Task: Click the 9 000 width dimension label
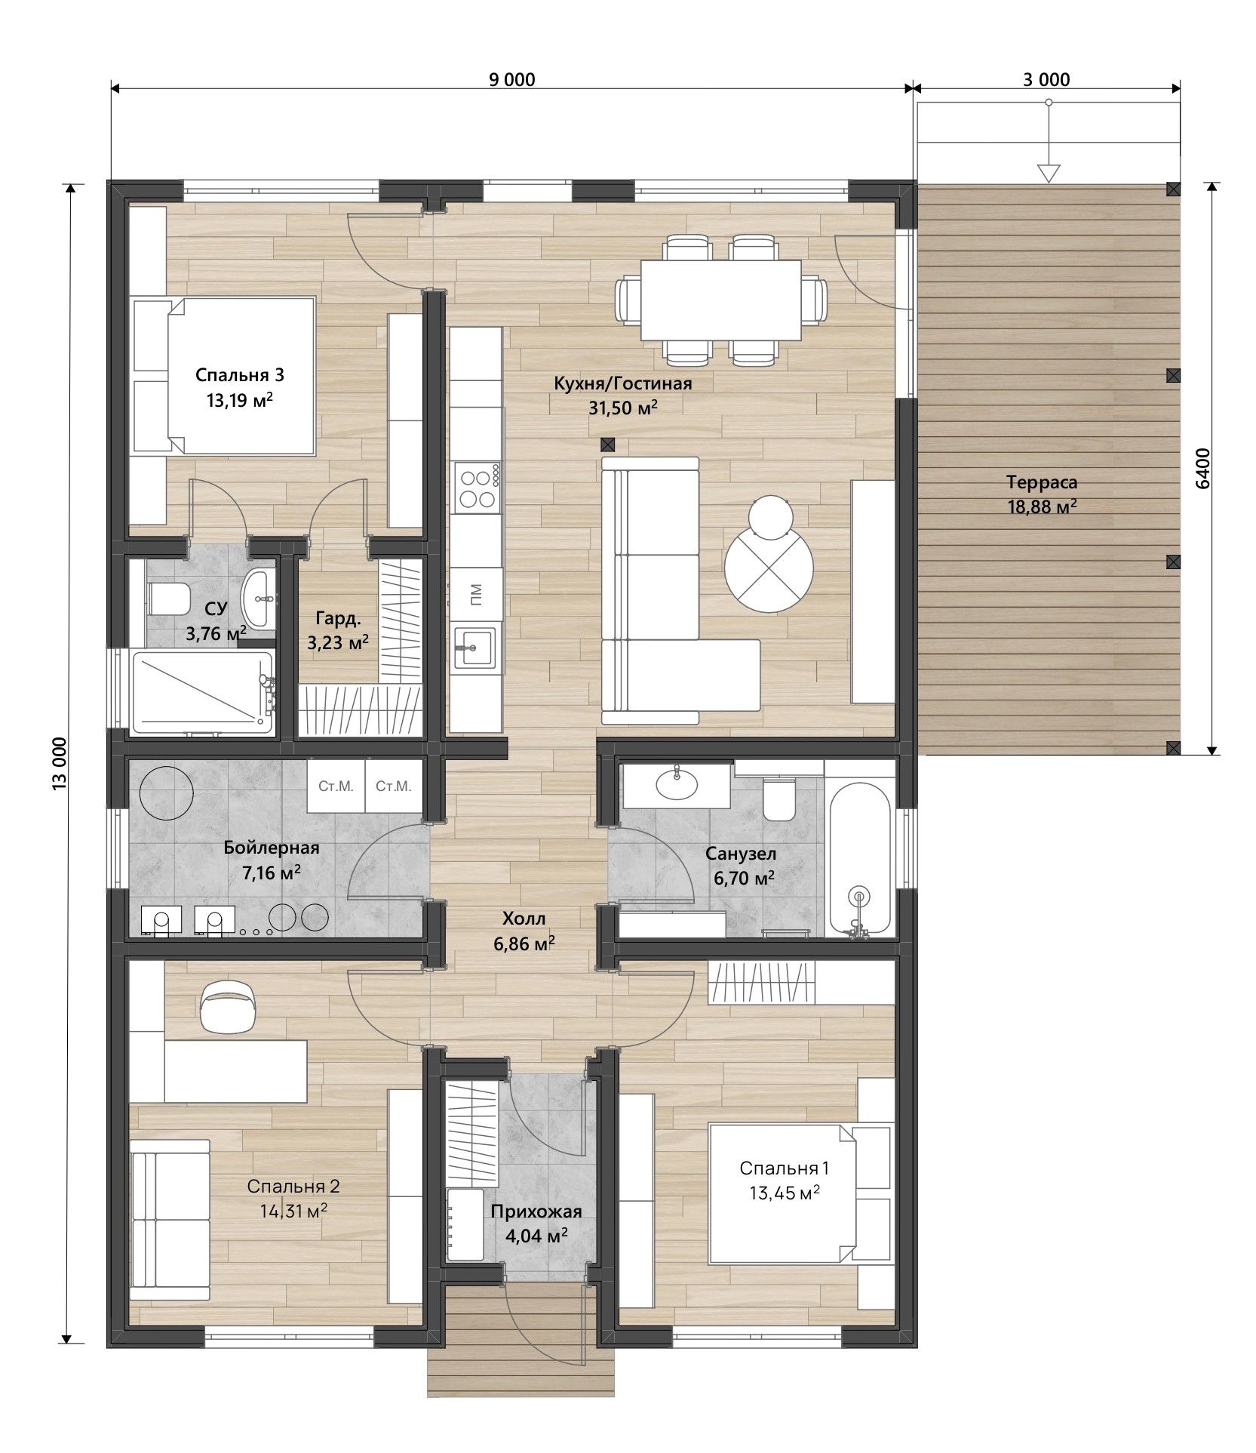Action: pos(511,79)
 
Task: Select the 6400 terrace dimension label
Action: pos(1202,469)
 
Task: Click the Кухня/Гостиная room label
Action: pos(622,383)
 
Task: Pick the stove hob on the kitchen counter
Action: pos(478,488)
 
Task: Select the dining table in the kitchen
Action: pos(720,300)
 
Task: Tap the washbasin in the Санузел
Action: pos(677,786)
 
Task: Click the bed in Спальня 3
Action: pos(223,375)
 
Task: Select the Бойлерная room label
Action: pos(272,848)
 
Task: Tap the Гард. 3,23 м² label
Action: pos(337,630)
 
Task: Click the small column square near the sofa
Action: pos(608,445)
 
